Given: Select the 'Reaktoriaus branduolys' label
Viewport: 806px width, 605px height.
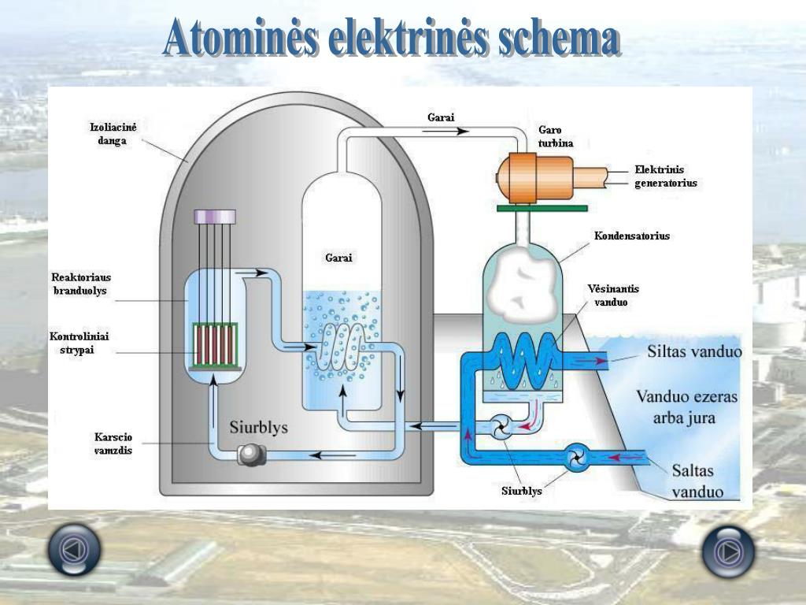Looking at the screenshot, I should pos(81,284).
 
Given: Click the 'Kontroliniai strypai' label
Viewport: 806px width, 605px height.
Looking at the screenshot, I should pos(79,343).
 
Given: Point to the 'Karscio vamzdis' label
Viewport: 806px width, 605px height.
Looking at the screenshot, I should pos(113,444).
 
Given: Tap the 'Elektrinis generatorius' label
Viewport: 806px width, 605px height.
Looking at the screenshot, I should pos(665,176).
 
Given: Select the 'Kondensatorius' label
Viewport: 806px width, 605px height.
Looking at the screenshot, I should pos(632,236).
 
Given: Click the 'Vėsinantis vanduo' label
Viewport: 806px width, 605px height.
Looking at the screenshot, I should pos(613,295).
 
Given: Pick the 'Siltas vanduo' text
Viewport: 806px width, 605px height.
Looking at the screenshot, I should pos(694,351).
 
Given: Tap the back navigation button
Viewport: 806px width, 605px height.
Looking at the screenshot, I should pos(74,549).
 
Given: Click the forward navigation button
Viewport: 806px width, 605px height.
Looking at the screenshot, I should pos(727,551).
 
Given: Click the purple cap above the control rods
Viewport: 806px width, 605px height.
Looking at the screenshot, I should pos(215,215).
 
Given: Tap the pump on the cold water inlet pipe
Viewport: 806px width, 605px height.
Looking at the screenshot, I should pos(577,457).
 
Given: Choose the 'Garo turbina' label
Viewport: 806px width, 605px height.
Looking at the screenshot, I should pos(556,136).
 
